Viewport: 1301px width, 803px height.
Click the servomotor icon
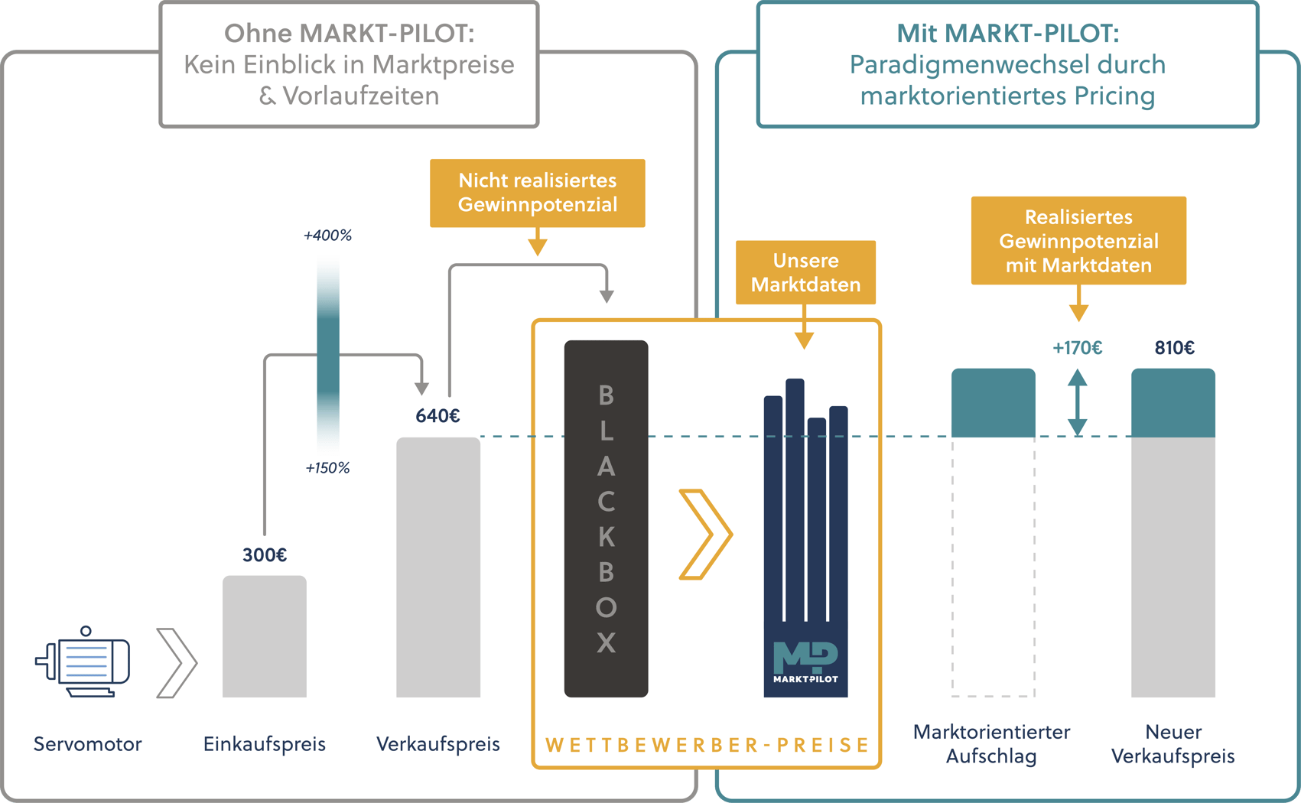click(x=84, y=662)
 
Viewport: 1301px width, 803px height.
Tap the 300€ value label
click(x=265, y=555)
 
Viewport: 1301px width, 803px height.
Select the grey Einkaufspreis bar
click(x=265, y=636)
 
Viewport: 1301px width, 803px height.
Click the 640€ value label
click(x=437, y=416)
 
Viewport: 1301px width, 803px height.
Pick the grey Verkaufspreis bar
click(x=437, y=566)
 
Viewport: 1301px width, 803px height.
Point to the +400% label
click(x=327, y=236)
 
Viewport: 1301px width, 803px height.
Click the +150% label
click(x=327, y=468)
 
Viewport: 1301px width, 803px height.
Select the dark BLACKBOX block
click(x=606, y=519)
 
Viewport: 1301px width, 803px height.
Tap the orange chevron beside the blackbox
click(x=705, y=534)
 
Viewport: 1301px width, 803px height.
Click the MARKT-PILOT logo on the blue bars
click(x=805, y=662)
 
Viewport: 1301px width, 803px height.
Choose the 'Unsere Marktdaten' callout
click(x=805, y=272)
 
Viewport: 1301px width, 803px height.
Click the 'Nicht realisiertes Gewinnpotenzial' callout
click(x=537, y=193)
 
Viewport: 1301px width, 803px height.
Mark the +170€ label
click(x=1077, y=348)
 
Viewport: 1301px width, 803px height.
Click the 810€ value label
click(x=1174, y=348)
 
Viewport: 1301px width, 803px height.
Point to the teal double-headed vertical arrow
click(x=1078, y=403)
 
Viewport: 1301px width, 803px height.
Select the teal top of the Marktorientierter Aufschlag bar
click(x=993, y=403)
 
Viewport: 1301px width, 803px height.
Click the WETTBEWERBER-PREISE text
click(x=707, y=745)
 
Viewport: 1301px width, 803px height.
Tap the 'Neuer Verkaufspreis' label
click(x=1173, y=743)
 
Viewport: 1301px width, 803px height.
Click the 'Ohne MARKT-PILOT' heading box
click(x=349, y=64)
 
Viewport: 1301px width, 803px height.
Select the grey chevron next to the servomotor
click(x=177, y=663)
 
